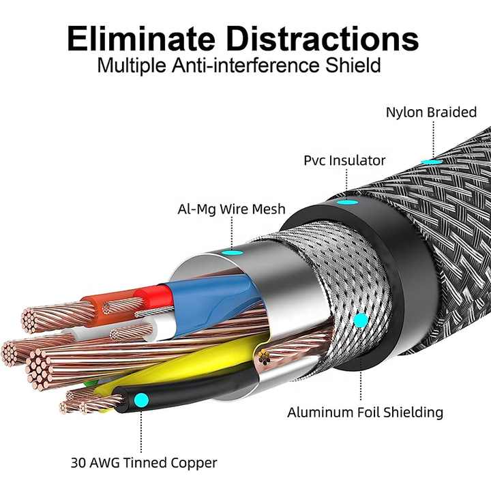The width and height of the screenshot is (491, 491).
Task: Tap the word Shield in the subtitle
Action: pyautogui.click(x=353, y=65)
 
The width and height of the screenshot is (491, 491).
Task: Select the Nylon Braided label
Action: pyautogui.click(x=431, y=112)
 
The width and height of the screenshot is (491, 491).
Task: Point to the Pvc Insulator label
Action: pyautogui.click(x=344, y=160)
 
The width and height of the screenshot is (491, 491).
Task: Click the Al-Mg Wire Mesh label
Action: pyautogui.click(x=231, y=209)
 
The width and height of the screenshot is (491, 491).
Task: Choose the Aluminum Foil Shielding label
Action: pyautogui.click(x=365, y=412)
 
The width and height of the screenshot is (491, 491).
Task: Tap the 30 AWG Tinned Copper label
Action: pyautogui.click(x=144, y=463)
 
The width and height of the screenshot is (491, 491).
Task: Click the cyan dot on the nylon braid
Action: pyautogui.click(x=432, y=162)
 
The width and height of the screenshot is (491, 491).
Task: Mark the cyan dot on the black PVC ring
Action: pyautogui.click(x=348, y=202)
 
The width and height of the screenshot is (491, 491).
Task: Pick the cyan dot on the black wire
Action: pyautogui.click(x=141, y=400)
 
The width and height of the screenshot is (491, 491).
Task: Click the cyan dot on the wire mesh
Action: pyautogui.click(x=361, y=320)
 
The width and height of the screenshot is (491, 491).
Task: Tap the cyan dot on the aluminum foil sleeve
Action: pyautogui.click(x=232, y=252)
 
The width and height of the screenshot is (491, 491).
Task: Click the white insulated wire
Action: pyautogui.click(x=163, y=327)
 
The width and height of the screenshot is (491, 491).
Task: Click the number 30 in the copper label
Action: pyautogui.click(x=78, y=463)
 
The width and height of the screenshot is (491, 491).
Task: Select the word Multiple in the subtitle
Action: pyautogui.click(x=132, y=65)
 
